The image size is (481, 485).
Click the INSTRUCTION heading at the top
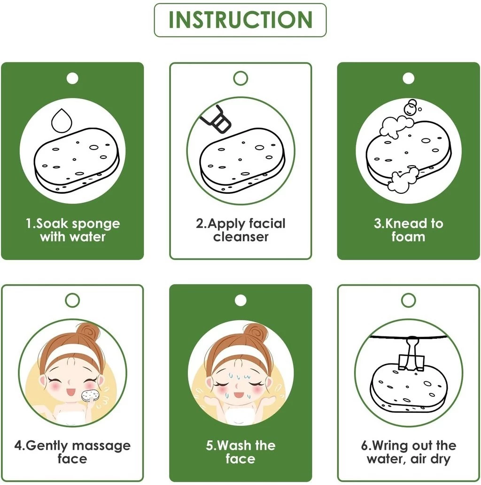[240, 20]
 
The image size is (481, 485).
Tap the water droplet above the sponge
[62, 121]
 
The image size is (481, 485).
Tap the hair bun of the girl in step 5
[256, 334]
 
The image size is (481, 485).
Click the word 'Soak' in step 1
[49, 223]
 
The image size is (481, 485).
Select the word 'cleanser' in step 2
[240, 237]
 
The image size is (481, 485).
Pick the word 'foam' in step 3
[408, 237]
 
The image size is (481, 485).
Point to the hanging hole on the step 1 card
[72, 78]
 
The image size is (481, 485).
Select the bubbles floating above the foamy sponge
[411, 107]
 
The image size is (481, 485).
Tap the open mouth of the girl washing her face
[239, 395]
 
